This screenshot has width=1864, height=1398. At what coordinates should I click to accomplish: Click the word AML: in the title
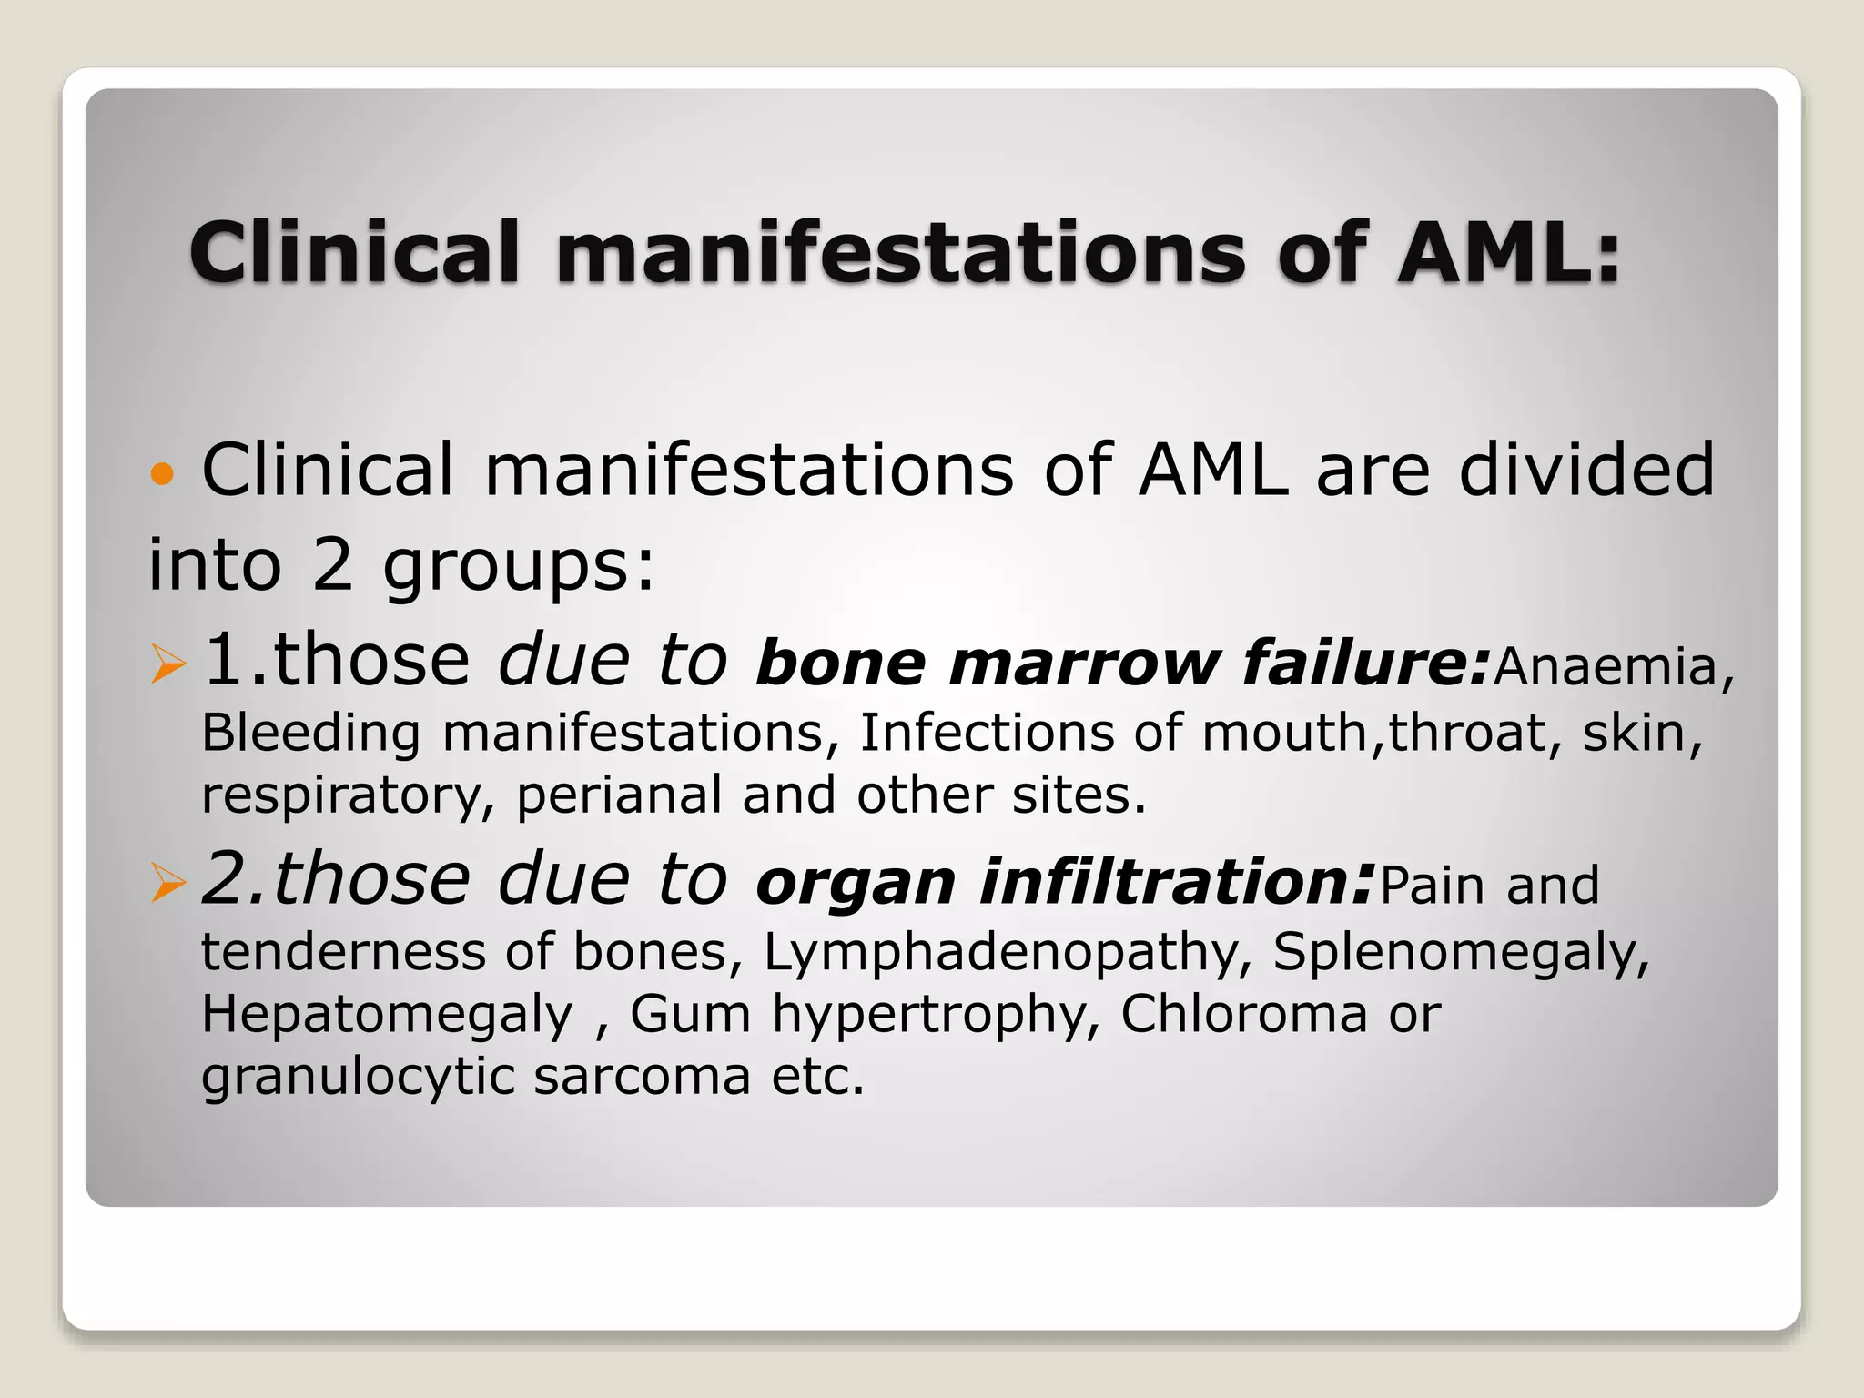click(1509, 252)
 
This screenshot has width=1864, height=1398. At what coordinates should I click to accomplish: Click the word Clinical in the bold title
click(355, 252)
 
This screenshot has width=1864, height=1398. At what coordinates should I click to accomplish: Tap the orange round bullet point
click(162, 474)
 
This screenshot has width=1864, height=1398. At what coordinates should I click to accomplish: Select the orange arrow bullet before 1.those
click(168, 664)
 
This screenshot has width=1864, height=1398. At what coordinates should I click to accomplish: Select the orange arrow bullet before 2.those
click(168, 883)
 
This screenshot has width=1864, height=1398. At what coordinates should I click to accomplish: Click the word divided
click(1586, 470)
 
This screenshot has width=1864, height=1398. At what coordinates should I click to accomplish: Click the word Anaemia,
click(1614, 666)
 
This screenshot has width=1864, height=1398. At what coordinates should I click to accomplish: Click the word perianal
click(619, 795)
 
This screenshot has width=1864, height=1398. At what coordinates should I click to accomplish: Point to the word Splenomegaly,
click(1461, 953)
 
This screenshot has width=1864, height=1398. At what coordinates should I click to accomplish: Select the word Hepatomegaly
click(388, 1015)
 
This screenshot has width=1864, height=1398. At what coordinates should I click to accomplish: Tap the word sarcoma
click(642, 1077)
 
